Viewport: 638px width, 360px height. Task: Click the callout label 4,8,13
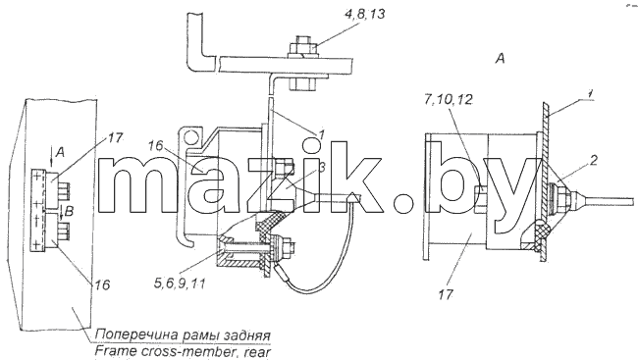pos(364,15)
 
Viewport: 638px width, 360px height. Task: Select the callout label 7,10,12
pos(448,99)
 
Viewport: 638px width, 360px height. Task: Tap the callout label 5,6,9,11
pos(180,283)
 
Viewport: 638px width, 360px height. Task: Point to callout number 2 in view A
pos(593,161)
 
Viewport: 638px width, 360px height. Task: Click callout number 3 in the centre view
pos(321,167)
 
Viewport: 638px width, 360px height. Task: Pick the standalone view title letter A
pos(500,59)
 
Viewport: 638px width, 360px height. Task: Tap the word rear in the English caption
pos(256,352)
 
